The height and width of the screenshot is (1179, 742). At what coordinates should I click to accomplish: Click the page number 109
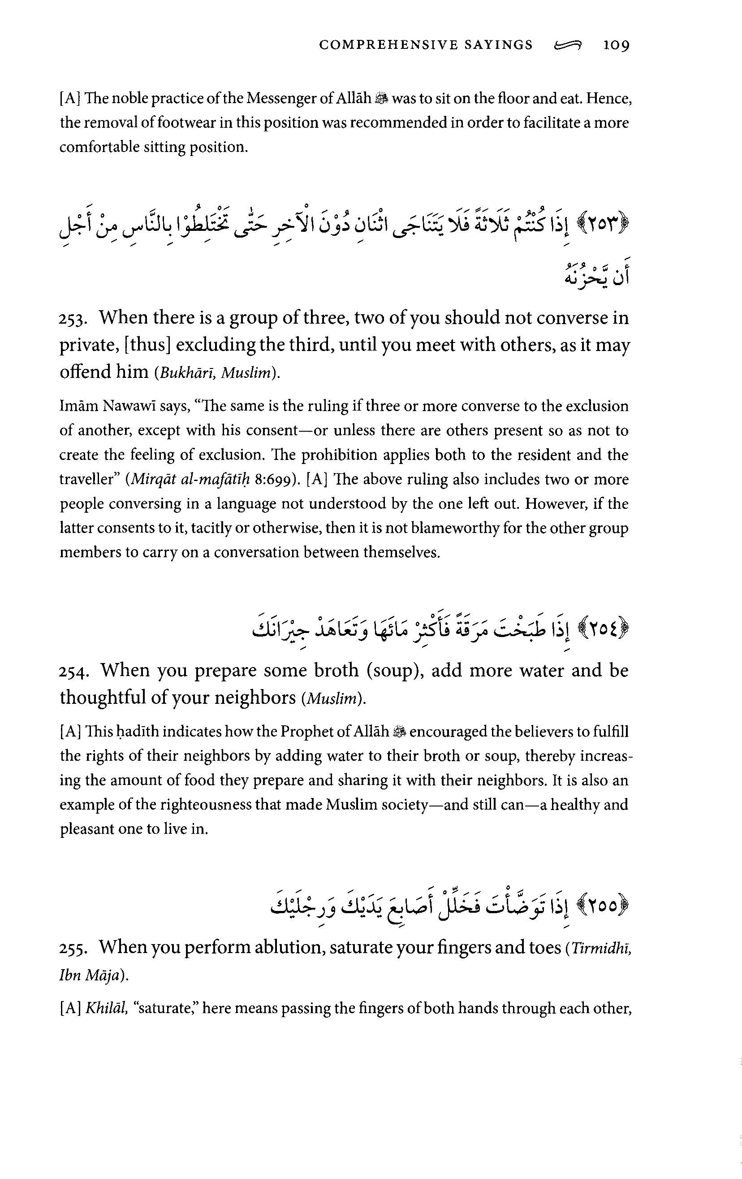coord(616,45)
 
